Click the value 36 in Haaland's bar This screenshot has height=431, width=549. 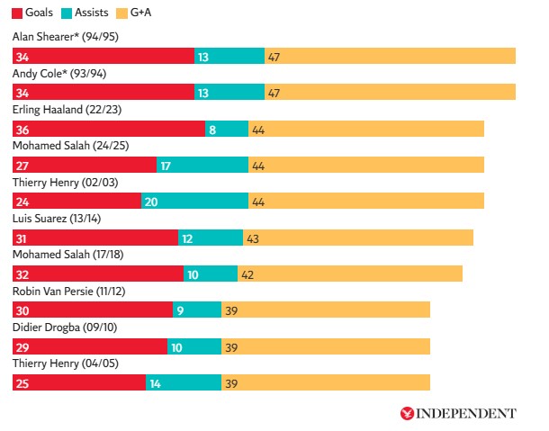click(22, 129)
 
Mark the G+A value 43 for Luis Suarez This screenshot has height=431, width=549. click(254, 238)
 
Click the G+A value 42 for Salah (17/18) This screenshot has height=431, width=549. click(248, 274)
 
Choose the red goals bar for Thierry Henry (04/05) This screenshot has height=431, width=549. click(79, 383)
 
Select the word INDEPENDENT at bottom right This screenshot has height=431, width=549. click(466, 413)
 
